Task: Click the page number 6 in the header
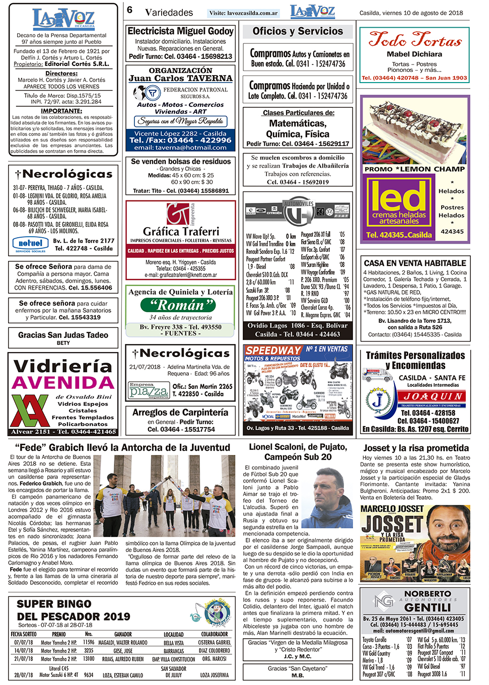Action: (x=130, y=10)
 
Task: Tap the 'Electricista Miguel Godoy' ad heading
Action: (x=180, y=31)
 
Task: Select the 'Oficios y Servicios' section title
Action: (x=298, y=31)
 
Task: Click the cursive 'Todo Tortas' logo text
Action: (x=414, y=39)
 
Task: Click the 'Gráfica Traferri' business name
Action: (x=181, y=231)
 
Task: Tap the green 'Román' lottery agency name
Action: (x=180, y=305)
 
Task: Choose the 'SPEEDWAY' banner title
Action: (x=273, y=351)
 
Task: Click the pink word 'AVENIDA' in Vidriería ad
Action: (x=63, y=383)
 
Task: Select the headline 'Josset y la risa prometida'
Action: (x=416, y=448)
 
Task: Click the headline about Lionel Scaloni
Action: (x=298, y=452)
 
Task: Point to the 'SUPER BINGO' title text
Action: (x=54, y=603)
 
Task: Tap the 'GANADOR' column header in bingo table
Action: (x=123, y=634)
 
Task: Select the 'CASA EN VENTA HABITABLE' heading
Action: (x=415, y=263)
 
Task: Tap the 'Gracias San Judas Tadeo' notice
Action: (x=63, y=335)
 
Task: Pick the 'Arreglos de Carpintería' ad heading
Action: (x=180, y=413)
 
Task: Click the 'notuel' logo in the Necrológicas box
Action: (x=30, y=243)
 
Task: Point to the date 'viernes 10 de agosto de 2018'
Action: (x=411, y=13)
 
